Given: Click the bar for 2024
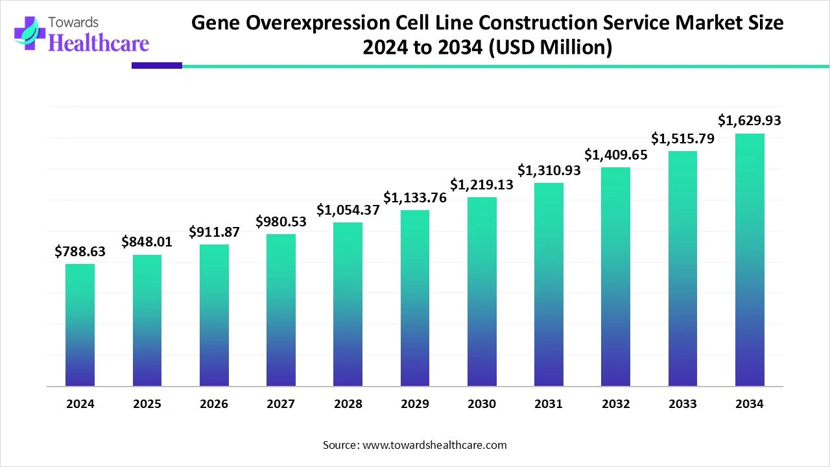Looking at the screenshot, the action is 80,325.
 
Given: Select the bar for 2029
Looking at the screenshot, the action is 415,298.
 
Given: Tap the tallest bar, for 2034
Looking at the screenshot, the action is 750,260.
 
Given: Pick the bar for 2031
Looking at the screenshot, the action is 549,284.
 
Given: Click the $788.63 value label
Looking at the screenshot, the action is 80,251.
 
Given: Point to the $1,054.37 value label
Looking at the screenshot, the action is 348,210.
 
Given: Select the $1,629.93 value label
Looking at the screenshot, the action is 749,120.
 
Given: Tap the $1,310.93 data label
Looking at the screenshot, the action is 549,170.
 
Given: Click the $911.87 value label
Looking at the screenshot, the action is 214,232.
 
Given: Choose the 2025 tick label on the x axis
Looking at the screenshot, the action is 147,403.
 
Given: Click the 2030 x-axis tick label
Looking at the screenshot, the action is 482,403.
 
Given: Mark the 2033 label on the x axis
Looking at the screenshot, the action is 683,403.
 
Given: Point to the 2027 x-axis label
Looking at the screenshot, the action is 281,403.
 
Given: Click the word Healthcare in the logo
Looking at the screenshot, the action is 99,43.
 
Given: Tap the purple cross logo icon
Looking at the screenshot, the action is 30,33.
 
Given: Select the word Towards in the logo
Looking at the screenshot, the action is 73,23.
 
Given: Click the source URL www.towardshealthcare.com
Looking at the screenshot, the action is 434,445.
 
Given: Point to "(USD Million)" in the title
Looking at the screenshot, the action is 551,47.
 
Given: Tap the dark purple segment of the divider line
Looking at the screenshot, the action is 157,66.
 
